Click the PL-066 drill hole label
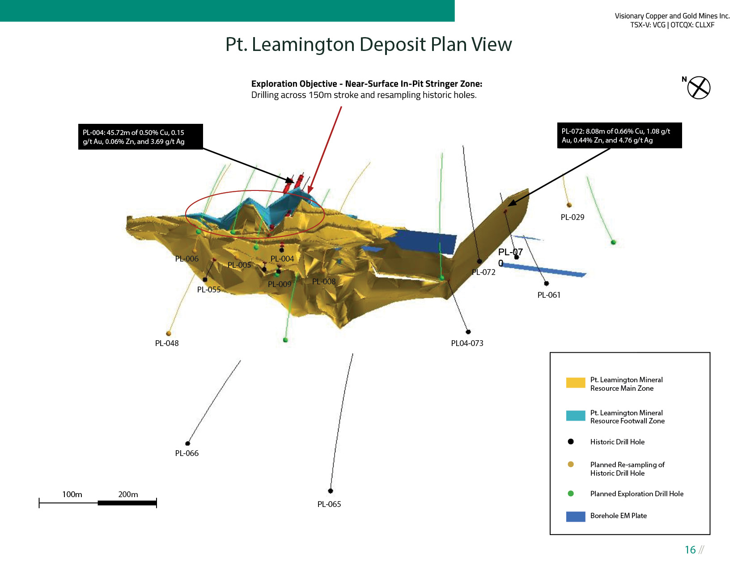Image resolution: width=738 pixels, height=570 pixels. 187,453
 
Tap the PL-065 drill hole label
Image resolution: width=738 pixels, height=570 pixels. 329,504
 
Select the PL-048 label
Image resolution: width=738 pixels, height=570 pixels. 167,343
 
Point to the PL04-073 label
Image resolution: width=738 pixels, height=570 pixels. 467,343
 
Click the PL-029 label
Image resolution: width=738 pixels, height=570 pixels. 573,217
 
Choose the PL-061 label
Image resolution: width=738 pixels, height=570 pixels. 549,295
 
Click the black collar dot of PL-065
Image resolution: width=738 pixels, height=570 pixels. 331,491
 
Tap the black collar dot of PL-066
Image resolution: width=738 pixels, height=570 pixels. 188,443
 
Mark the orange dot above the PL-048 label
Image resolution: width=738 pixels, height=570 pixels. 169,334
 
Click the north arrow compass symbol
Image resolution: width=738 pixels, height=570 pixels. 699,88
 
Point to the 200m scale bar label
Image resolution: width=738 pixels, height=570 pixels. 128,494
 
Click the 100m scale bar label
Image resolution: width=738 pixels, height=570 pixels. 72,494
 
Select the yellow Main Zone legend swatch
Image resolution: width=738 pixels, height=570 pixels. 576,383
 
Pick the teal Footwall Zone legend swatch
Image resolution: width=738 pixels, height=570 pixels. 576,416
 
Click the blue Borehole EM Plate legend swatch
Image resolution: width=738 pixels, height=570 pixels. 576,516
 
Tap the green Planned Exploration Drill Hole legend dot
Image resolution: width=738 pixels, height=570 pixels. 571,494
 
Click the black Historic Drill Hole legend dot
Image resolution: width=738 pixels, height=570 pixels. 571,442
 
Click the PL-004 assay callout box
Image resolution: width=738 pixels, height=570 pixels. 140,137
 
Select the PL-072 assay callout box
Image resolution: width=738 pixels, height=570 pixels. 619,135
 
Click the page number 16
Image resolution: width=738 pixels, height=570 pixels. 690,550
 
